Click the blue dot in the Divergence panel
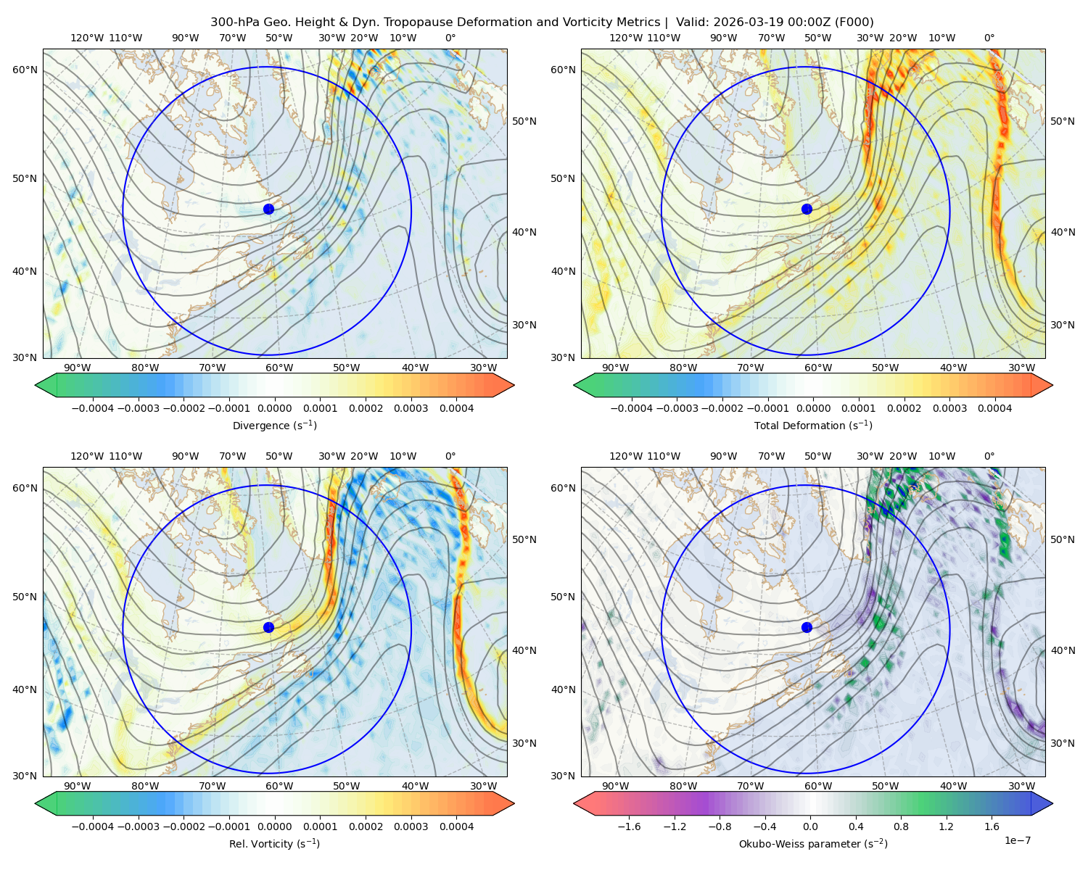[x=268, y=209]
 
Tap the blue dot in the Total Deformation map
[x=807, y=209]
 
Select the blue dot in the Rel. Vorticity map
[x=268, y=627]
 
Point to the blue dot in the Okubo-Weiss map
[x=807, y=627]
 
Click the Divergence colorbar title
[x=274, y=425]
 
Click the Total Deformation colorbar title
[x=813, y=425]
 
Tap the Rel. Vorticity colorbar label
[x=274, y=843]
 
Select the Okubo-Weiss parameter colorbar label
[x=813, y=843]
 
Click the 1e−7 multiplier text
[x=1017, y=840]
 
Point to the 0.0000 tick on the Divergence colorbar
[x=274, y=408]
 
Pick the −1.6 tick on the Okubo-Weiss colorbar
[x=629, y=826]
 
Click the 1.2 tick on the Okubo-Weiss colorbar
[x=946, y=826]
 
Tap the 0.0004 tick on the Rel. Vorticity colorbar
[x=456, y=826]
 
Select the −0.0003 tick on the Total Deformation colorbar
[x=677, y=408]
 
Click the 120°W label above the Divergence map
[x=87, y=38]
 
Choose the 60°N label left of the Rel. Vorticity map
[x=25, y=488]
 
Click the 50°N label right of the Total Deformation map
[x=1063, y=121]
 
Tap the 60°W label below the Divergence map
[x=279, y=368]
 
